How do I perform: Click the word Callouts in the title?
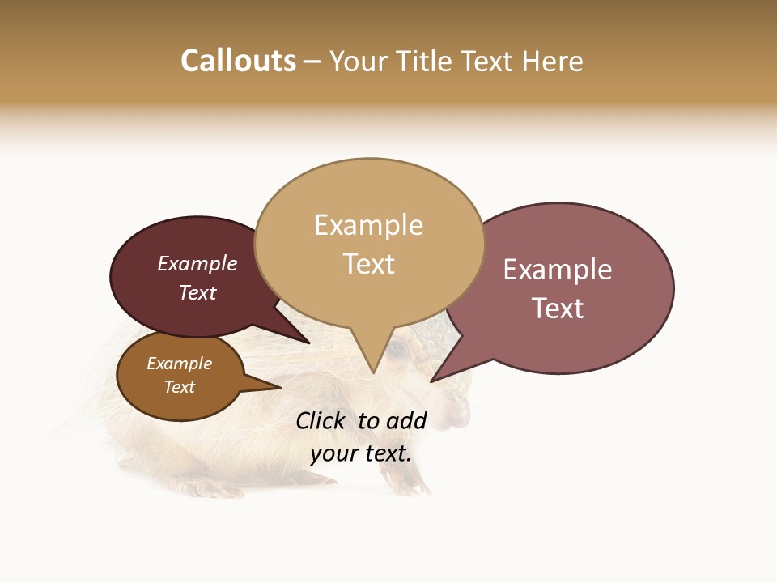[x=238, y=61]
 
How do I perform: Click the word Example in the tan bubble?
[x=368, y=225]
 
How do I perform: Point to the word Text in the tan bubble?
[x=369, y=264]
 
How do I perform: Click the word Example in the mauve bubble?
[x=558, y=270]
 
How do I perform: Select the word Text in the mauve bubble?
[x=558, y=309]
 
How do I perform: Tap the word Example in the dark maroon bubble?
[x=197, y=263]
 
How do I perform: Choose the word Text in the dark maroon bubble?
[x=197, y=292]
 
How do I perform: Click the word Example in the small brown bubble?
[x=180, y=364]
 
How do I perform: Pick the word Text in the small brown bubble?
[x=180, y=387]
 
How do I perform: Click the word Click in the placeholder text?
[x=321, y=420]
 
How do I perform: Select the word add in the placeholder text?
[x=407, y=420]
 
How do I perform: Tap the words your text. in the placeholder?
[x=361, y=453]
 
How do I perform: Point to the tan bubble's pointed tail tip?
[x=373, y=373]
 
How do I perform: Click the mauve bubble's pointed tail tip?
[x=431, y=381]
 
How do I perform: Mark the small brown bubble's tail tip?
[x=280, y=388]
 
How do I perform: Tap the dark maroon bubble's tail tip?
[x=310, y=343]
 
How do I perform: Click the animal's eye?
[x=397, y=349]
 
